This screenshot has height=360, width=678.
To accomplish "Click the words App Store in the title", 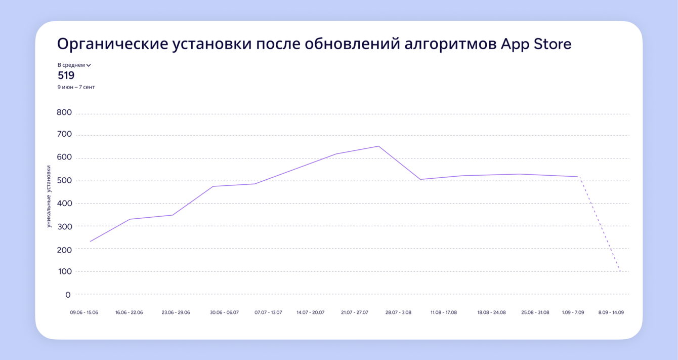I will pyautogui.click(x=536, y=45).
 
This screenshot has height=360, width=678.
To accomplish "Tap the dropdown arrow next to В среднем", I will pyautogui.click(x=89, y=65).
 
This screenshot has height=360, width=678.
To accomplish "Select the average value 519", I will pyautogui.click(x=66, y=75).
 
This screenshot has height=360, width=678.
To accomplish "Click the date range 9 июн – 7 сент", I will pyautogui.click(x=76, y=87).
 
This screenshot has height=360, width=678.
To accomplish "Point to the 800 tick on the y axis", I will pyautogui.click(x=64, y=112).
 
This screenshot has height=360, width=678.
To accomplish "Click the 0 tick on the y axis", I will pyautogui.click(x=68, y=295).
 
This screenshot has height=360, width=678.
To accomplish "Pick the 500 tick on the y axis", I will pyautogui.click(x=64, y=181).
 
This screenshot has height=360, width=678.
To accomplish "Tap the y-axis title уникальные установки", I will pyautogui.click(x=49, y=196).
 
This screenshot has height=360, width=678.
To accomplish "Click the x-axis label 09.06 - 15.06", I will pyautogui.click(x=84, y=312).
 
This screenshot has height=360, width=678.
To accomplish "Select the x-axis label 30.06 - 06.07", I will pyautogui.click(x=224, y=312).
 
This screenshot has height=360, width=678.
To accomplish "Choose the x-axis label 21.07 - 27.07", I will pyautogui.click(x=355, y=312).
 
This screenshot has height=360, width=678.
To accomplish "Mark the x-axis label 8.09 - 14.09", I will pyautogui.click(x=611, y=312).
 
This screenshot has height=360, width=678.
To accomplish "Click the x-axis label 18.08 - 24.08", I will pyautogui.click(x=491, y=312).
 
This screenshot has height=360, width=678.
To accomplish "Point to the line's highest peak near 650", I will pyautogui.click(x=378, y=146).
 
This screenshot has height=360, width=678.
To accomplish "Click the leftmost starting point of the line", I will pyautogui.click(x=90, y=242).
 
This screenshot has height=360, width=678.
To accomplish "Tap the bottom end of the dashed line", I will pyautogui.click(x=620, y=272).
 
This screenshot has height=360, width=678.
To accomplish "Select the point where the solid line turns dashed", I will pyautogui.click(x=578, y=177).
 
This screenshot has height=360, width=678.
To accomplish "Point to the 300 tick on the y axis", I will pyautogui.click(x=64, y=226).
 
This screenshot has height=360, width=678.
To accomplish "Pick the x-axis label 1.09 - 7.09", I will pyautogui.click(x=573, y=312).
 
